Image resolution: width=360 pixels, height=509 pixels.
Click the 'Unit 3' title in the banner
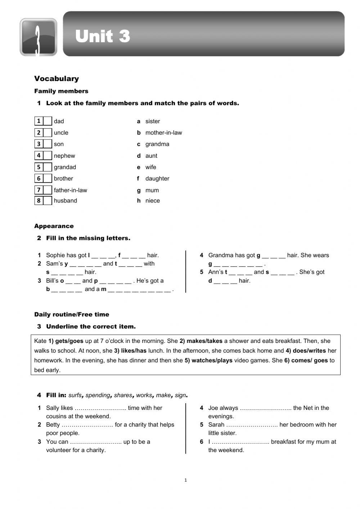[x=103, y=36]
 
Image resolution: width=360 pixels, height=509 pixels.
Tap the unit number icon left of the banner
[x=38, y=37]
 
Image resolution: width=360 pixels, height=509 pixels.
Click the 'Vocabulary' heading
[x=57, y=79]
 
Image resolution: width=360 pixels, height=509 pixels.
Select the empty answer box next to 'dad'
[x=48, y=121]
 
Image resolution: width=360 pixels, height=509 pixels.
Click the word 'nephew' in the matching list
[x=64, y=156]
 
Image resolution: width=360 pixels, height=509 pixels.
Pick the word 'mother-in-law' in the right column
[x=163, y=133]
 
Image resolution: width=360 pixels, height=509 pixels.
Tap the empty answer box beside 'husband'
[x=48, y=201]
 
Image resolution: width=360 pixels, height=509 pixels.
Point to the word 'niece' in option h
[x=152, y=201]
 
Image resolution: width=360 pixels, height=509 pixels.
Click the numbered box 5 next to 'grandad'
[x=39, y=167]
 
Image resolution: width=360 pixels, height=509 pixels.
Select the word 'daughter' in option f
[x=157, y=178]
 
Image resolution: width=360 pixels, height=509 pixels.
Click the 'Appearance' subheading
[x=54, y=226]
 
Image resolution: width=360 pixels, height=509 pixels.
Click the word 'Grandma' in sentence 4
[x=220, y=255]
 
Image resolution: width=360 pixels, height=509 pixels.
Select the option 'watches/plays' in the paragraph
[x=212, y=360]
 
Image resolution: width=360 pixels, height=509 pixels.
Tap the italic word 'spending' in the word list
[x=98, y=395]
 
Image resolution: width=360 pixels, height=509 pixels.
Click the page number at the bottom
[x=185, y=480]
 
